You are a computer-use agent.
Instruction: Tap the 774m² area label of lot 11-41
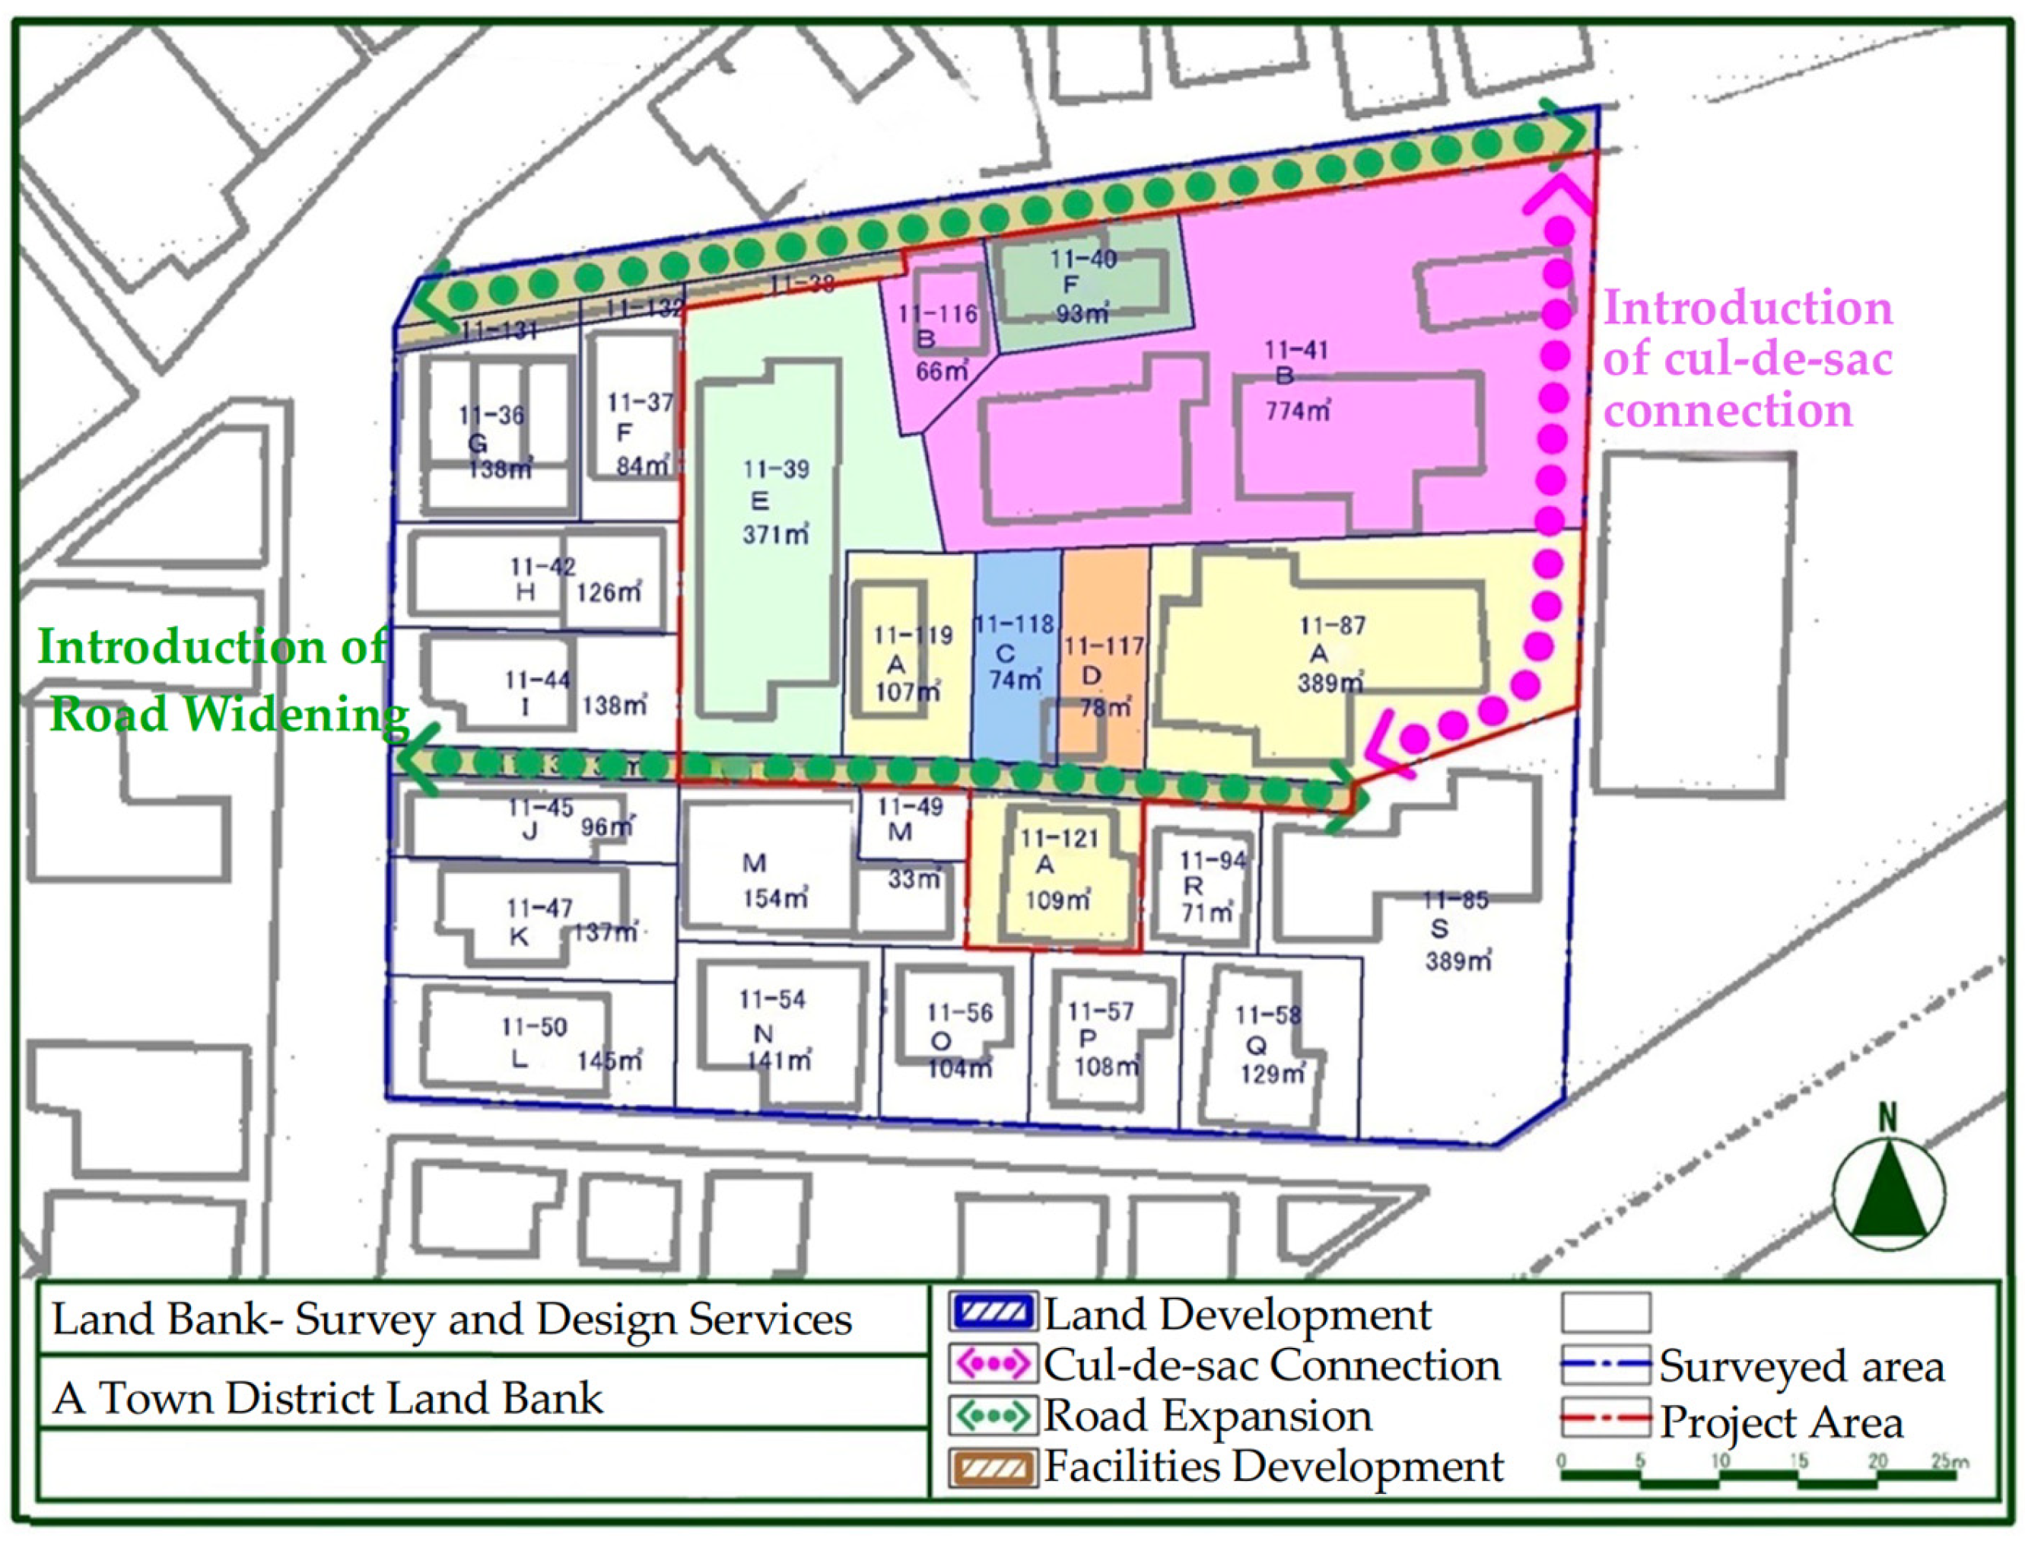1297,410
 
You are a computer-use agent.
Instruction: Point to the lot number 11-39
776,469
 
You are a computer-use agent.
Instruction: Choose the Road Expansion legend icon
992,1416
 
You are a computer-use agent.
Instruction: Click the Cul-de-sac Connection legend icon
992,1365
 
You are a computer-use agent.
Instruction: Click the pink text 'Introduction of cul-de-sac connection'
1747,358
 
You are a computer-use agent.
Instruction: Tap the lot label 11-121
1059,838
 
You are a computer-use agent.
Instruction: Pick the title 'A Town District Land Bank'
327,1399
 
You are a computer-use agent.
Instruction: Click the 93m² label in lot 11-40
1082,314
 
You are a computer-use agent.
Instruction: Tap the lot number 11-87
1332,626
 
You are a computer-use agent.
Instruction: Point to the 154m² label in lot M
775,897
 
